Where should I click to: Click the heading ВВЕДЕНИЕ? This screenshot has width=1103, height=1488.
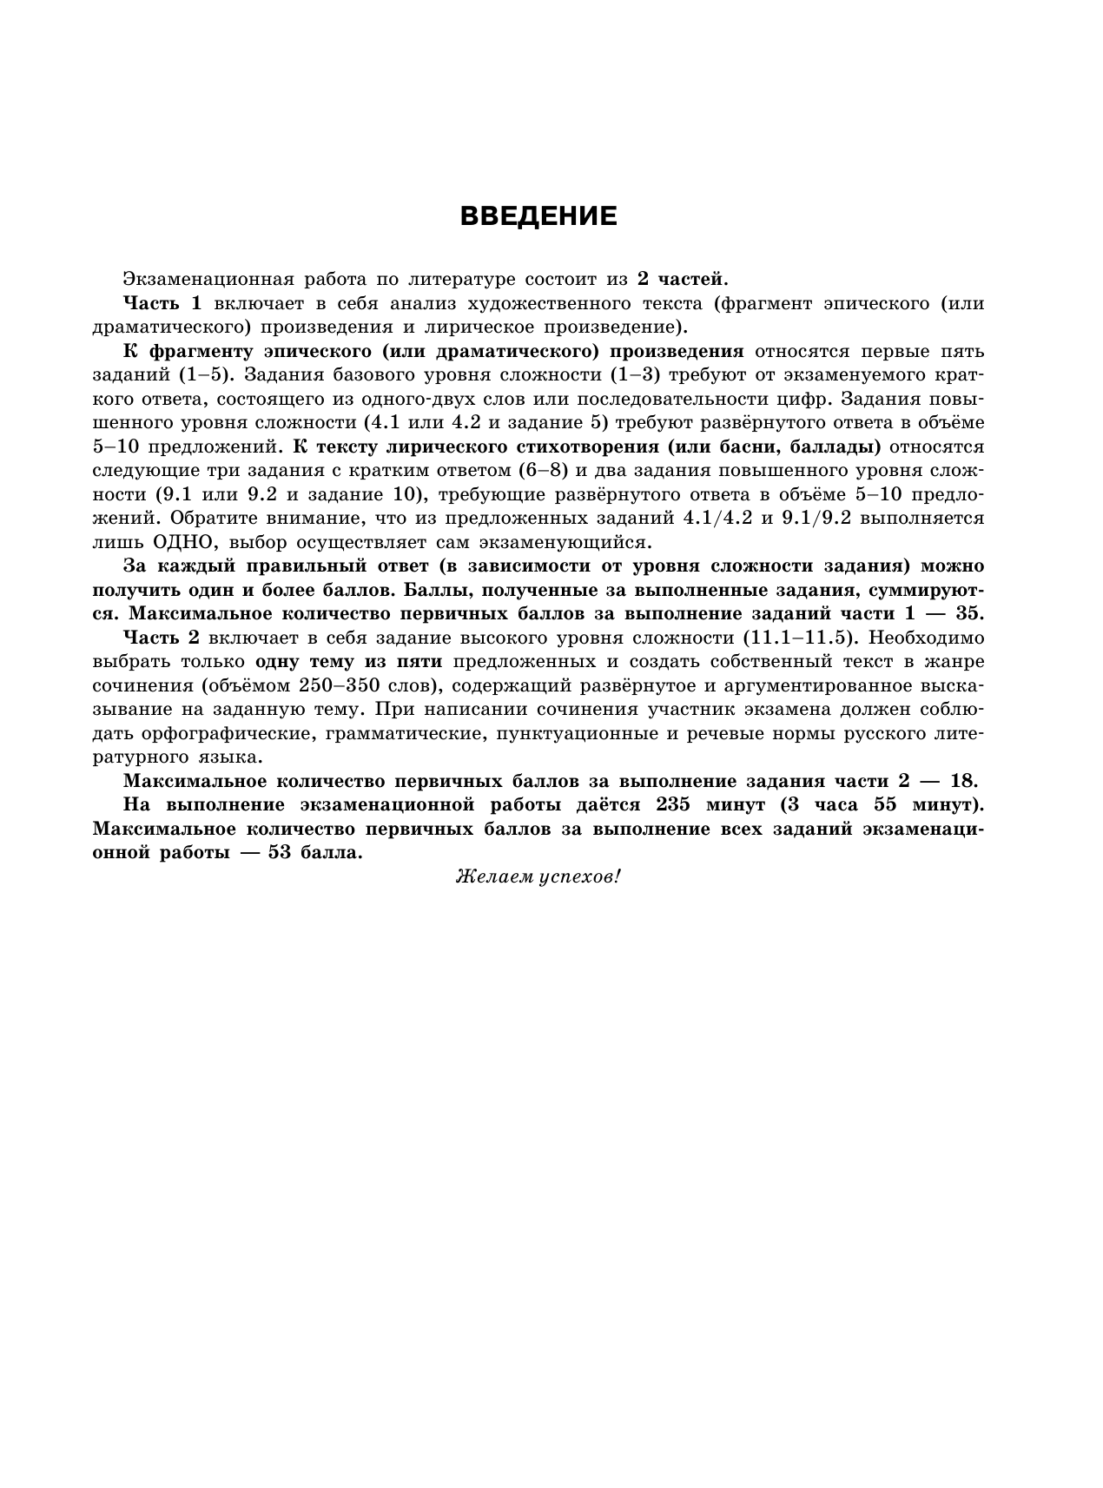538,216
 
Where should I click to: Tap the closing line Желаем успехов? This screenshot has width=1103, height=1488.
538,877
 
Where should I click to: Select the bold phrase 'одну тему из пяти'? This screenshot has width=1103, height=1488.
348,661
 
